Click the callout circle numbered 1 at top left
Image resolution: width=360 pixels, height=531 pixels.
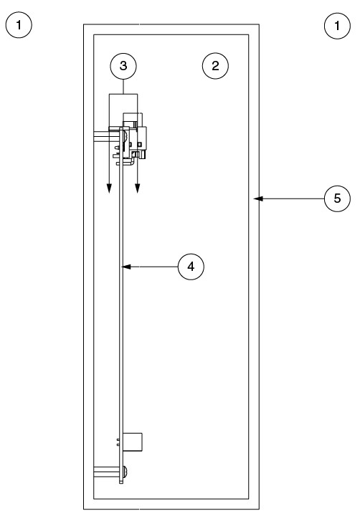click(x=19, y=25)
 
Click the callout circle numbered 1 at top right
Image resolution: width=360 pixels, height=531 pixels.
click(x=337, y=26)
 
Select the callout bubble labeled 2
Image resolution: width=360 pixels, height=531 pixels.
click(x=215, y=66)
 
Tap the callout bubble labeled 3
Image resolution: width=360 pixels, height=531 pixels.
click(x=123, y=66)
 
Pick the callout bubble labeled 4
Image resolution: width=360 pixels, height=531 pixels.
click(x=191, y=267)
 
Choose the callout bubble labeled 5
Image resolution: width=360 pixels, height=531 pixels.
click(x=337, y=198)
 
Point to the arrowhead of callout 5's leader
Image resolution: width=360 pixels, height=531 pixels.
click(x=258, y=198)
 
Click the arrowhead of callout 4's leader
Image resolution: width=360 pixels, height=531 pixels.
click(x=126, y=267)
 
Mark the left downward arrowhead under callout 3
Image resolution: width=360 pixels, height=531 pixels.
click(x=109, y=188)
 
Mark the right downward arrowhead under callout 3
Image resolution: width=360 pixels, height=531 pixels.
click(x=137, y=188)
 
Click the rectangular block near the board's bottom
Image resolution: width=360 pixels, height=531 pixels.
click(x=133, y=442)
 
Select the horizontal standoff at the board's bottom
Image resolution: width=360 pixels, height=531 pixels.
click(x=106, y=472)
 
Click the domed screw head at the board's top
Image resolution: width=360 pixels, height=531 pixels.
click(x=125, y=136)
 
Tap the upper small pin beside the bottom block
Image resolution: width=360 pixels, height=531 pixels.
click(x=118, y=439)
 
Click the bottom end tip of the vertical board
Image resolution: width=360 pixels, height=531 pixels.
click(x=121, y=483)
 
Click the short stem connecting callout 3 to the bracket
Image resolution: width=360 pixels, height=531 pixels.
click(x=123, y=87)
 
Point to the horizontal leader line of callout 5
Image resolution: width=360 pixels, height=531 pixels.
click(x=289, y=198)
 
